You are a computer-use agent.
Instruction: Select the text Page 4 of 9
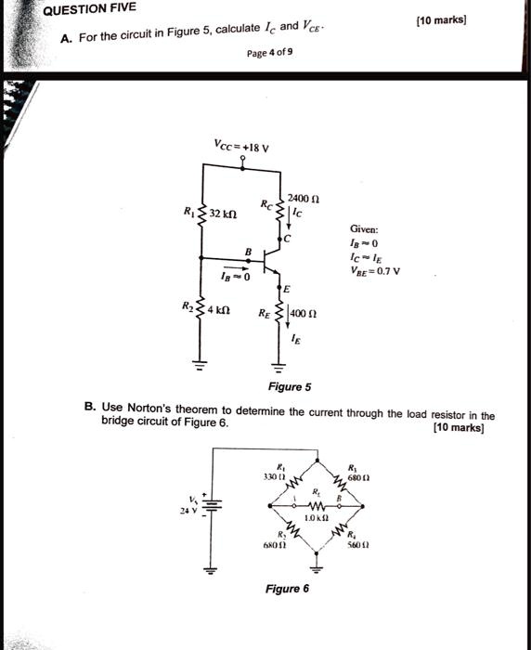coord(270,54)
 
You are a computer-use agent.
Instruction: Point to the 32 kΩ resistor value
coord(227,214)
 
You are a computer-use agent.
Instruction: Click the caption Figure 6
coord(287,588)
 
